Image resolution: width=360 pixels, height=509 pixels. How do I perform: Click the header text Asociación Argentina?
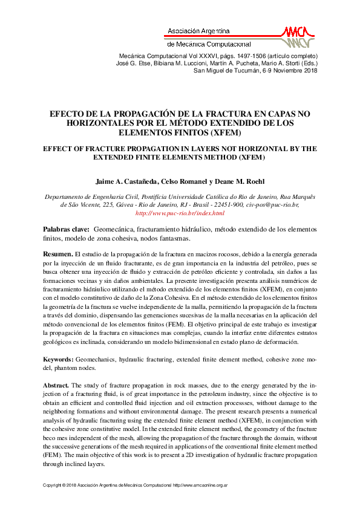point(198,30)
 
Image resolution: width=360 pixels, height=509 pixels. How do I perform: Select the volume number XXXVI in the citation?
point(200,55)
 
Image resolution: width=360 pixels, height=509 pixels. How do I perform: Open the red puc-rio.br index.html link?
point(180,213)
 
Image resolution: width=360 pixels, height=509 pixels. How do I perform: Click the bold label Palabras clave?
point(65,230)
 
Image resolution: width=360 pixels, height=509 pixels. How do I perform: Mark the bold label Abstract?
point(56,384)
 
